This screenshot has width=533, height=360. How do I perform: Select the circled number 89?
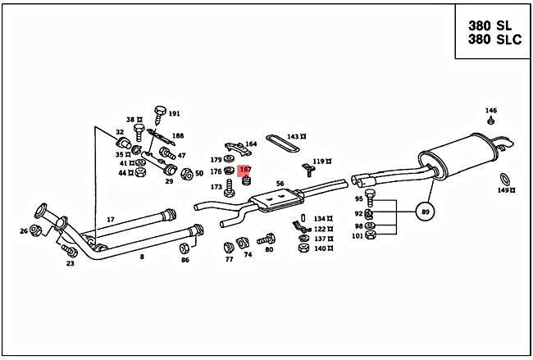pos(425,212)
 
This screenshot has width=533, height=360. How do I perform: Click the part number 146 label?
pos(490,110)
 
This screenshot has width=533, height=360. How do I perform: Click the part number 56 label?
pos(280,184)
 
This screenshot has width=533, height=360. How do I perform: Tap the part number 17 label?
pos(111,219)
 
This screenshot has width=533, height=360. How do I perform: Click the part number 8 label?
pos(141,257)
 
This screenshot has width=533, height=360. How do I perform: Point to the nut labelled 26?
pos(36,230)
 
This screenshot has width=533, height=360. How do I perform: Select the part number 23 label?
pos(70,262)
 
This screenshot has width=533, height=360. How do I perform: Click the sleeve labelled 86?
pos(185,248)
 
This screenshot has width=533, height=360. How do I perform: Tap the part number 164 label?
pos(250,144)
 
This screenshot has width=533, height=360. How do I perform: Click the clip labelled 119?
pos(309,171)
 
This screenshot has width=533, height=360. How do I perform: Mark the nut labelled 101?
pos(369,235)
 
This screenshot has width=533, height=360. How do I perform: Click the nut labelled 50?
pos(187,174)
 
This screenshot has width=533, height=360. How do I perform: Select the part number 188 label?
pos(177,136)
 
